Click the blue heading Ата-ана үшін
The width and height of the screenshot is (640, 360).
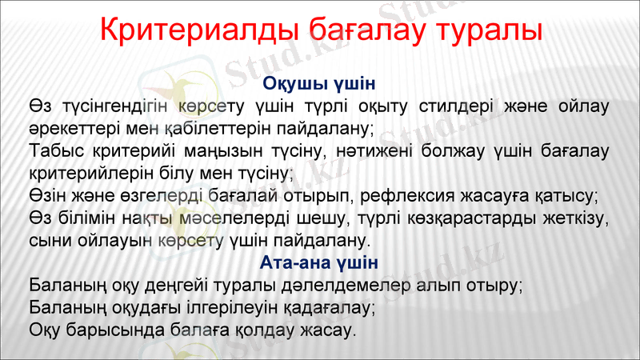[x=319, y=262]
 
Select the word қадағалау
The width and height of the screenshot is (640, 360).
[x=327, y=307]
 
